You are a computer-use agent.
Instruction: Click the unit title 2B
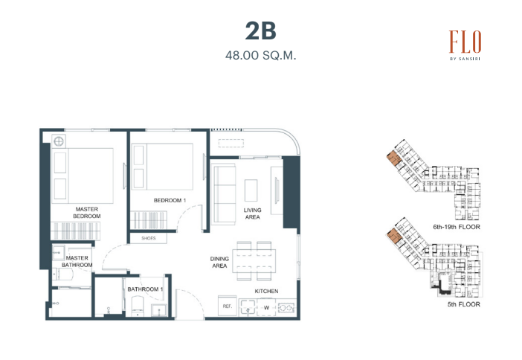(x=261, y=31)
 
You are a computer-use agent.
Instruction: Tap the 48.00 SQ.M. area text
(x=261, y=55)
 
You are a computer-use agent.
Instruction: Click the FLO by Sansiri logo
(x=465, y=45)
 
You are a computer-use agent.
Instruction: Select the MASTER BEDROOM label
(x=86, y=213)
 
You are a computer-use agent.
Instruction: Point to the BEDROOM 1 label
(x=170, y=200)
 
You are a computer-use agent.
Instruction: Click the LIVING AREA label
(x=252, y=213)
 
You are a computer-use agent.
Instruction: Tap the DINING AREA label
(x=219, y=262)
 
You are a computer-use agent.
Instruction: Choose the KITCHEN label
(x=266, y=291)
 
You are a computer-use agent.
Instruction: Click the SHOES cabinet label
(x=149, y=238)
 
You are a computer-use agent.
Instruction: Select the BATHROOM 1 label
(x=145, y=289)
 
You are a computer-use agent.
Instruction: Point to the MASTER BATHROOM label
(x=77, y=261)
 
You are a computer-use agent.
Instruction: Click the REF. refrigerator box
(x=228, y=306)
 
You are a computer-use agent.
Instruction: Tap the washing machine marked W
(x=266, y=307)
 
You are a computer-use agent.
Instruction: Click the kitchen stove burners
(x=286, y=307)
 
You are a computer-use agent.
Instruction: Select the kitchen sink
(x=248, y=307)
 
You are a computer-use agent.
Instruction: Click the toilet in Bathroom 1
(x=138, y=306)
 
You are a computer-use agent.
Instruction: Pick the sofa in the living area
(x=224, y=194)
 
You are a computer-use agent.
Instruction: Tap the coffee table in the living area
(x=251, y=190)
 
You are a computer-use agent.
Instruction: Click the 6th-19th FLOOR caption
(x=457, y=227)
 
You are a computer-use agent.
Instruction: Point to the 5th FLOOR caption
(x=464, y=304)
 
